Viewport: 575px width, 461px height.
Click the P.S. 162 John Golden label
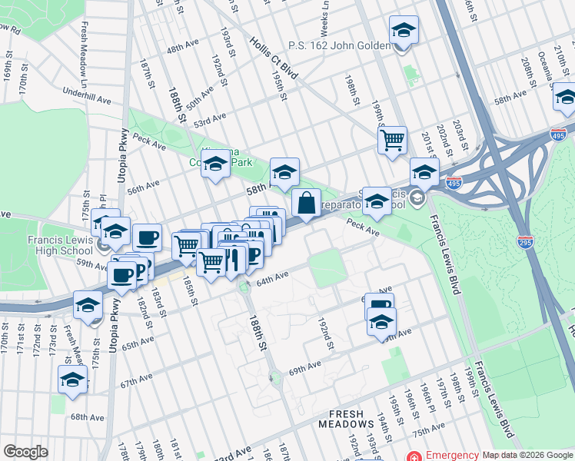point(339,46)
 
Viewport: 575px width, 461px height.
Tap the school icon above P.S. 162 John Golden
point(404,32)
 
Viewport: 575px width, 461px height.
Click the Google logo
point(25,452)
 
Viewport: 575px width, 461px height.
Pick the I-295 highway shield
point(526,240)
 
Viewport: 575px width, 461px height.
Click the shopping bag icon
point(306,204)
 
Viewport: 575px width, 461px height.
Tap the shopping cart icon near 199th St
point(392,141)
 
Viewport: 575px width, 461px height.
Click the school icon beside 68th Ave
point(73,380)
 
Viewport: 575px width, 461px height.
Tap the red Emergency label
point(447,455)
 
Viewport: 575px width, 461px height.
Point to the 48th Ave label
point(182,48)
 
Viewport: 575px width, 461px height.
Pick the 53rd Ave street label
point(210,121)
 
